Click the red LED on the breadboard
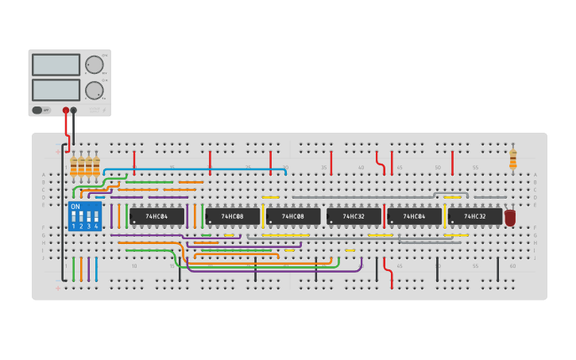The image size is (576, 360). pos(510,217)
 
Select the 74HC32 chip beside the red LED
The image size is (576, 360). pos(474,216)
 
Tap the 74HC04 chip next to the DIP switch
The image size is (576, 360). pos(157,216)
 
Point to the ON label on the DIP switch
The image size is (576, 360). pos(75,207)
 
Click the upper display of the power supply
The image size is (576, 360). pos(56,64)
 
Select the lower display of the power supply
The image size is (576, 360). pos(56,90)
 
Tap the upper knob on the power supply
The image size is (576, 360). pos(95,64)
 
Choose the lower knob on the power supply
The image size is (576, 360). pos(95,90)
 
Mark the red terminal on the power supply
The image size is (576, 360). pos(66,110)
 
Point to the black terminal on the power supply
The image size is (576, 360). pos(74,110)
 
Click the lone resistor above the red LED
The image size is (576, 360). pos(512,159)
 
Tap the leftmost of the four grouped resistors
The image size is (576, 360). pos(74,166)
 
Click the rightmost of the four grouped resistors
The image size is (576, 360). pos(96,166)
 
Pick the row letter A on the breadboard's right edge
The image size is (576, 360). pos(535,174)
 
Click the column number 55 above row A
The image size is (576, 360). pos(475,168)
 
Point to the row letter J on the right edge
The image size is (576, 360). pos(535,257)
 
